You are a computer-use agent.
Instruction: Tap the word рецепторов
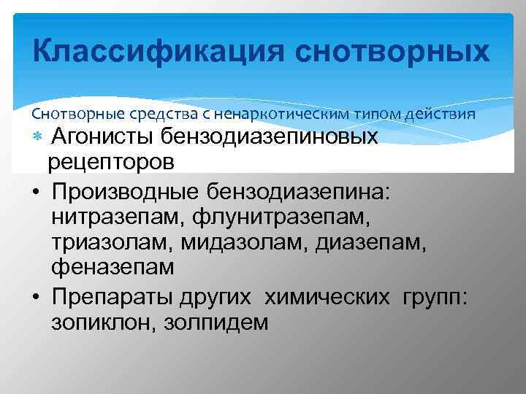(110, 161)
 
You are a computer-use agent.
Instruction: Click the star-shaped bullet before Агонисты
(37, 137)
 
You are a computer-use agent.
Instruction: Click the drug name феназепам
(113, 268)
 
